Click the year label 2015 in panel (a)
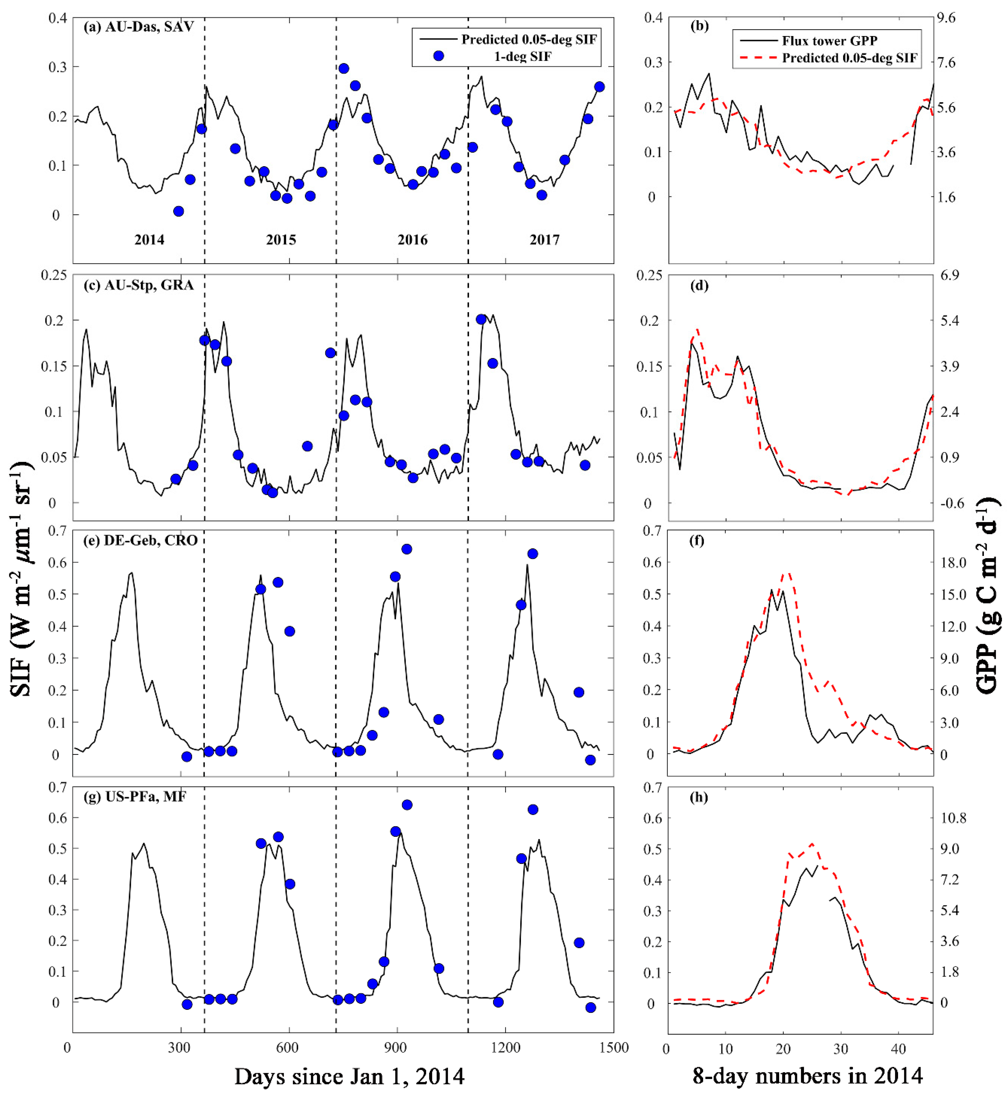281,240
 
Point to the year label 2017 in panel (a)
544,240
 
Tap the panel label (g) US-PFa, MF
135,797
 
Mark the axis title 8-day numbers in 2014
807,1076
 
